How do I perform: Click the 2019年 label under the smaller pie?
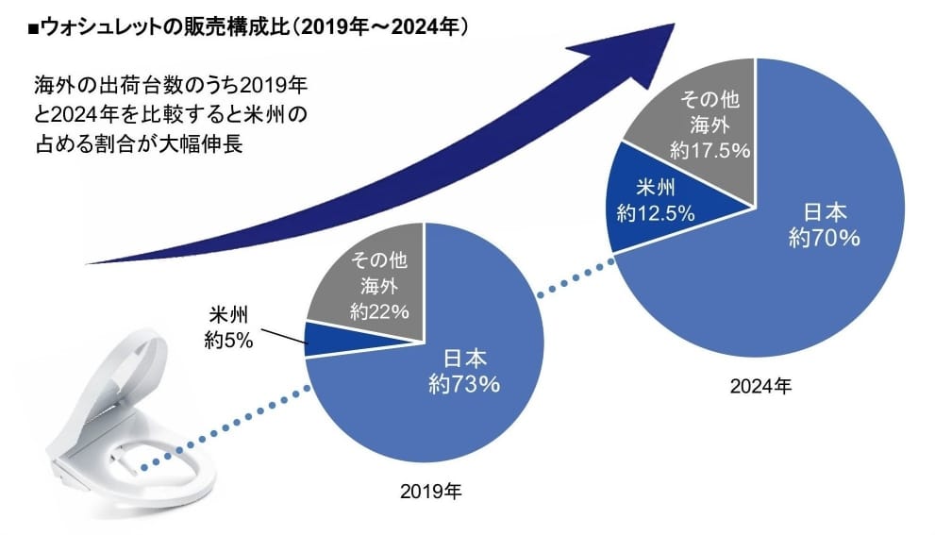(430, 492)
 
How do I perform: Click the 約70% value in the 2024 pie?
(823, 239)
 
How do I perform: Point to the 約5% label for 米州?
(228, 341)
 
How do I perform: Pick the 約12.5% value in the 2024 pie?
(655, 213)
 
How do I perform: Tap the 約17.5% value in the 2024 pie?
(709, 149)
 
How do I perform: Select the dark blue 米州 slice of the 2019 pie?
(320, 340)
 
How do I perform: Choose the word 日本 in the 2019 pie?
(463, 359)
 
